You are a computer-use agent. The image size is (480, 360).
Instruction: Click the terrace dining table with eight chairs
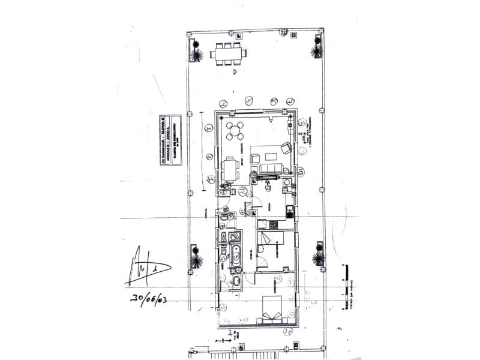[x=228, y=53]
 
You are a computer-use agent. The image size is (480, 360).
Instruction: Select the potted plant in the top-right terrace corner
[x=316, y=51]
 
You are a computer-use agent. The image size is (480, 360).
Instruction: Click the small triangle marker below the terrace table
[x=235, y=71]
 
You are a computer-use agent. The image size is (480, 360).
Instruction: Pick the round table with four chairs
[x=235, y=130]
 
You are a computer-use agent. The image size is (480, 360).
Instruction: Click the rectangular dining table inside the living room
[x=230, y=169]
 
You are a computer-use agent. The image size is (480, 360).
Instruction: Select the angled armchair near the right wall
[x=287, y=148]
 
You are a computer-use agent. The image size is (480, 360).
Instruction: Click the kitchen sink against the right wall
[x=290, y=211]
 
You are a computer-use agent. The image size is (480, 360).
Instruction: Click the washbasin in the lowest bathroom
[x=235, y=280]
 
